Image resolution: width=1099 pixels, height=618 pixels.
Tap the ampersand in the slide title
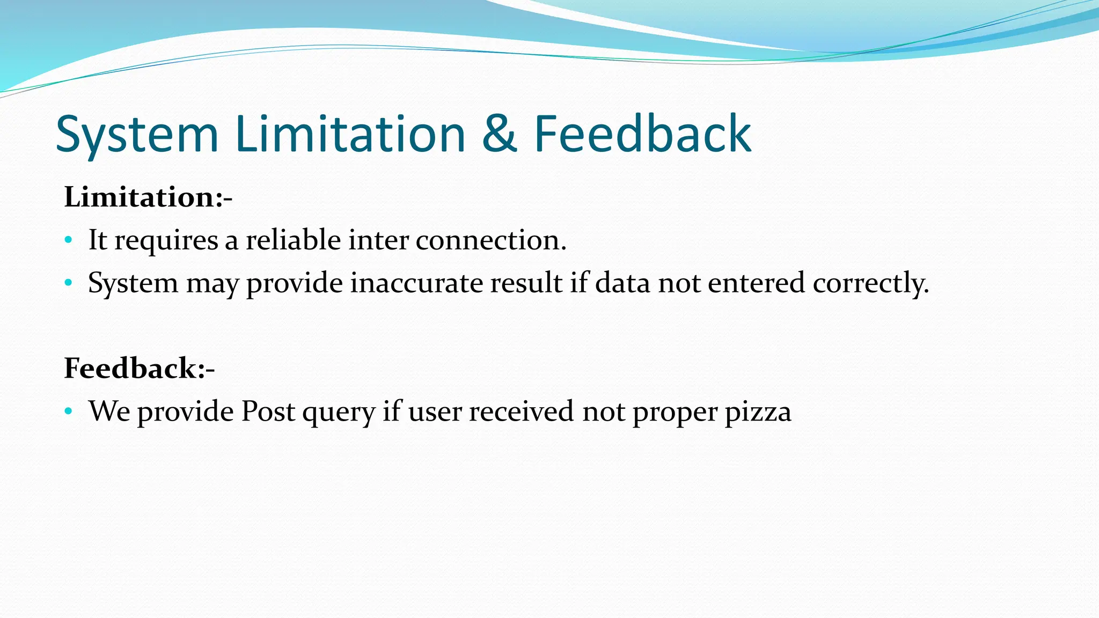tap(499, 134)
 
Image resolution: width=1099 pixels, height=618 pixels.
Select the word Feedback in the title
tap(642, 134)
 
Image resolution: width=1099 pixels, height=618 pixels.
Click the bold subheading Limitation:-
tap(148, 197)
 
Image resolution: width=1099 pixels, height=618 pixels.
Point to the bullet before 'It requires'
tap(68, 240)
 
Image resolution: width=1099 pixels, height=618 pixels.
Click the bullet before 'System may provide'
tap(68, 283)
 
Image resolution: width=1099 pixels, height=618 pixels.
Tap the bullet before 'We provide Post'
tap(68, 411)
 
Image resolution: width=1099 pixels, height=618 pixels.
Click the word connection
tap(490, 240)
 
